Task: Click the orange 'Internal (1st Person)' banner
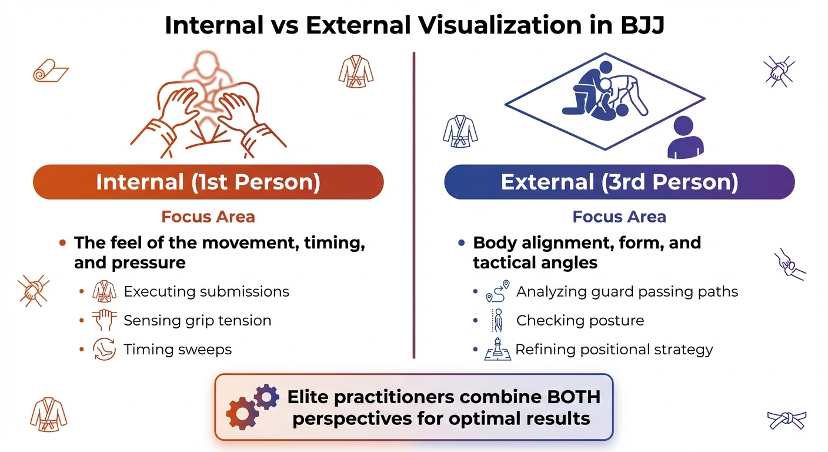[208, 182]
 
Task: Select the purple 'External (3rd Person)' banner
[619, 182]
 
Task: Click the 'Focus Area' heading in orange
[208, 217]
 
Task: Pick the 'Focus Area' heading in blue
[619, 217]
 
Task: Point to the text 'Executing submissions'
[206, 291]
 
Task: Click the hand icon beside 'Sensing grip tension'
[105, 321]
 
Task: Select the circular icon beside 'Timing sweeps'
[105, 350]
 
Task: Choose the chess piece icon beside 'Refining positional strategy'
[498, 350]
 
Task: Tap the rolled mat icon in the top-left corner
[49, 72]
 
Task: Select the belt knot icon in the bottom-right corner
[786, 420]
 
